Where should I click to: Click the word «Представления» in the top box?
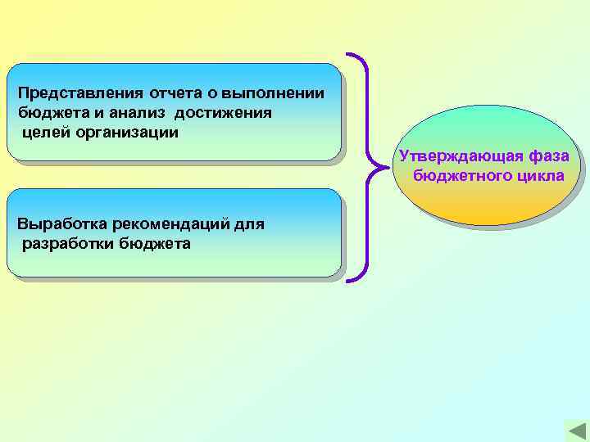tap(71, 92)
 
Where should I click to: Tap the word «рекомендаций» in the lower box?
tap(166, 224)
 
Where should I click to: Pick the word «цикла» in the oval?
tap(539, 175)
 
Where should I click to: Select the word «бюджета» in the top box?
tap(48, 112)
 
